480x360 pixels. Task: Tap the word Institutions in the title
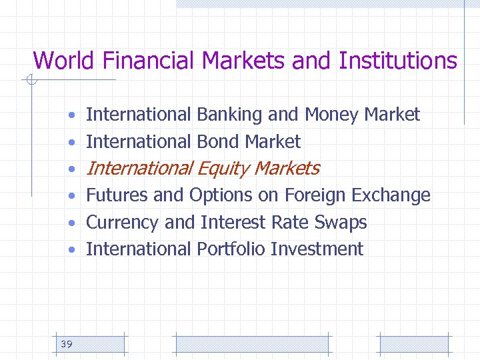click(x=398, y=61)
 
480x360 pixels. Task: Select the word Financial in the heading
click(x=149, y=61)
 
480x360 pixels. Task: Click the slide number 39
click(x=67, y=344)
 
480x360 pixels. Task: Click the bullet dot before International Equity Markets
click(x=70, y=169)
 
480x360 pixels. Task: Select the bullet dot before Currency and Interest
click(x=70, y=223)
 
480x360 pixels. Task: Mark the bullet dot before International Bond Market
click(x=70, y=143)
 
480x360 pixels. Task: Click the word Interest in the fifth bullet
click(x=227, y=222)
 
